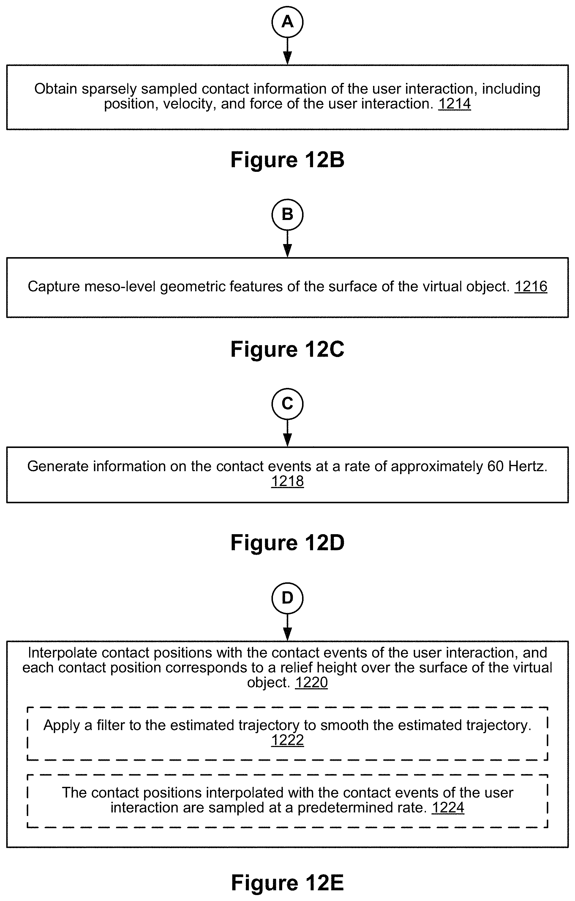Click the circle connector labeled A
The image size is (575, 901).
tap(287, 22)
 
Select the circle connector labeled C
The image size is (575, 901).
tap(287, 404)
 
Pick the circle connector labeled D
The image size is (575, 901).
tap(287, 598)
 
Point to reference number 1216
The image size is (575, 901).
tap(531, 287)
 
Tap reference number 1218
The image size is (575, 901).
tap(287, 481)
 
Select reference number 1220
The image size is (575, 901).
tap(312, 683)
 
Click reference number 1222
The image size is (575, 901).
tap(287, 740)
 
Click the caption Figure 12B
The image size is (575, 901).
tap(287, 160)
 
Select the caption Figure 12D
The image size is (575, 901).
tap(287, 543)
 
